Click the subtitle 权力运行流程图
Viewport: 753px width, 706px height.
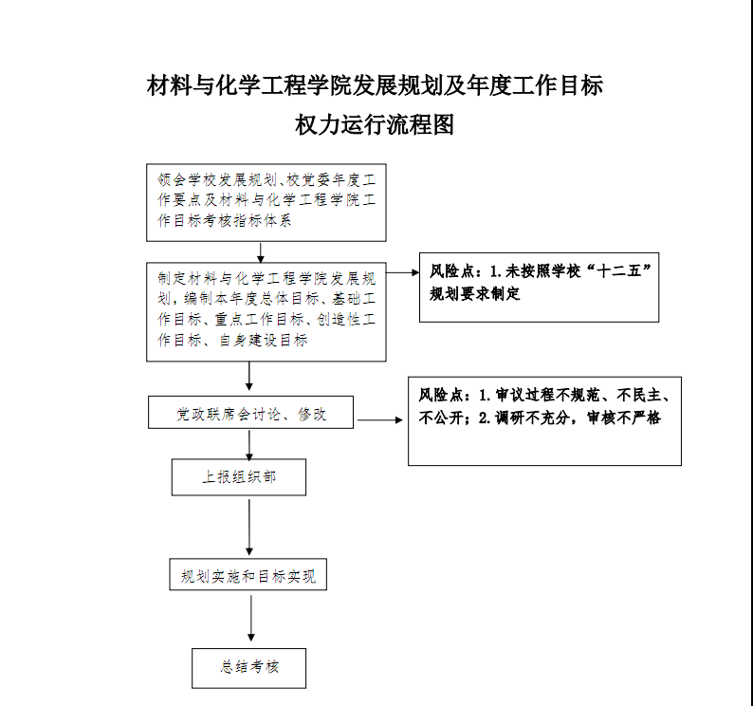(375, 125)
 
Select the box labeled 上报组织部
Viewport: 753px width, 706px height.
(239, 477)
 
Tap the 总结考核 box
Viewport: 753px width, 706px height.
(248, 668)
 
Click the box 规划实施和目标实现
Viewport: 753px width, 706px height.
(248, 574)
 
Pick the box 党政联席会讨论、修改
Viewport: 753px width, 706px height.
(250, 413)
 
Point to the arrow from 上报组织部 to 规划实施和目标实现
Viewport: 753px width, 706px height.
(249, 528)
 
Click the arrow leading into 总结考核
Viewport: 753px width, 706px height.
(250, 618)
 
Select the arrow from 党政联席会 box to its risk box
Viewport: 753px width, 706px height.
(380, 420)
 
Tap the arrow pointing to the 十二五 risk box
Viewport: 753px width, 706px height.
(402, 272)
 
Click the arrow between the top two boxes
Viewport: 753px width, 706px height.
(260, 252)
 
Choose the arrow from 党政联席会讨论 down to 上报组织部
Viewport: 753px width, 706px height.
(249, 445)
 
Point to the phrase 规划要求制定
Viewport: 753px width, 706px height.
(474, 293)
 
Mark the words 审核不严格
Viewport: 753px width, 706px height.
(624, 418)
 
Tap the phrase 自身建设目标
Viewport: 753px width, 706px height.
(264, 341)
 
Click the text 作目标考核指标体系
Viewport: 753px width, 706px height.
(224, 220)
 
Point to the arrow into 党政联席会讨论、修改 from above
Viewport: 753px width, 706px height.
(249, 377)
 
